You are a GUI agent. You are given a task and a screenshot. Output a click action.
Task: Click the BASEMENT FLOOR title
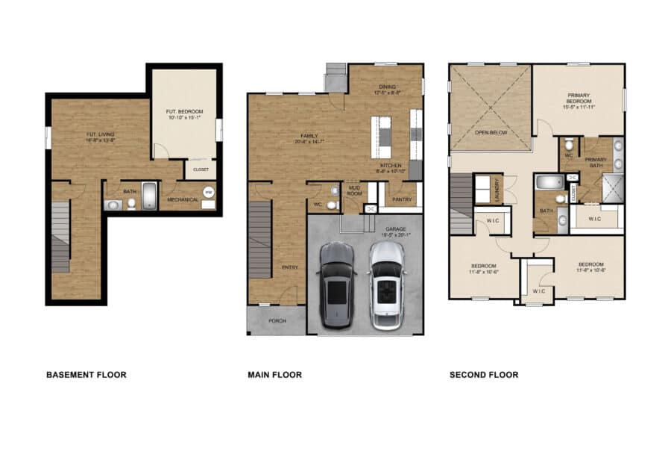coord(86,375)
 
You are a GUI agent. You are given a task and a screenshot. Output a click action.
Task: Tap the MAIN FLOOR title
coord(274,375)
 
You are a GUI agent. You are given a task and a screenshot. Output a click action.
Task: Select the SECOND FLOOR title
coord(483,375)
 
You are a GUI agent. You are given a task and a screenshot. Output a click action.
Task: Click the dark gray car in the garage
coord(338,285)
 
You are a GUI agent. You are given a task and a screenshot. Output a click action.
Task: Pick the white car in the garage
coord(386,285)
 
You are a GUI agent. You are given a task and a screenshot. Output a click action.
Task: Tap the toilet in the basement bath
coord(131,202)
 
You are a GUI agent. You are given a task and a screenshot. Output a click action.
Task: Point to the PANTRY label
coord(402,199)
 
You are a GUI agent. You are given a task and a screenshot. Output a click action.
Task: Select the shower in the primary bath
coord(613,187)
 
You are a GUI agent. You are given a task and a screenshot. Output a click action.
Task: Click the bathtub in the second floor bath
coord(548,181)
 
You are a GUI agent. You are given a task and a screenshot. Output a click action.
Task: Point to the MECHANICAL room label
coord(183,199)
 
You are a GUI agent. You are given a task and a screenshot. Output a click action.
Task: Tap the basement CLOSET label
coord(201,169)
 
